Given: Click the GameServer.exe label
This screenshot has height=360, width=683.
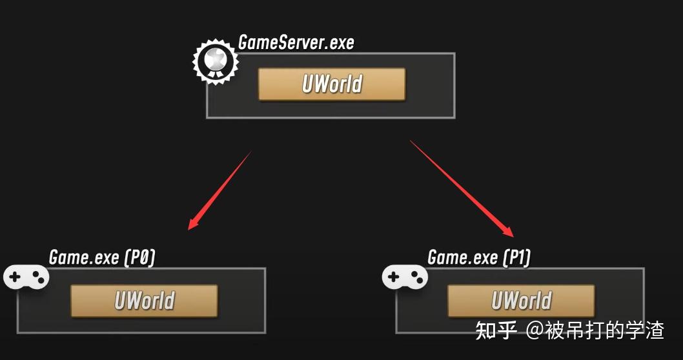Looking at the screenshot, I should [x=296, y=43].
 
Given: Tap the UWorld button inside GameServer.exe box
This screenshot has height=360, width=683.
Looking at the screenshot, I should [x=332, y=85].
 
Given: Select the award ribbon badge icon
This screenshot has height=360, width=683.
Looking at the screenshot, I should [x=215, y=61].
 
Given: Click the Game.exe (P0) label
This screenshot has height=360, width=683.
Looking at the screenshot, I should [x=102, y=257].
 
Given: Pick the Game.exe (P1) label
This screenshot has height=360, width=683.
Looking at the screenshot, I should [x=479, y=258].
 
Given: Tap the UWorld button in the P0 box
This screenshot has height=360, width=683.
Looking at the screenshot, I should [x=144, y=301].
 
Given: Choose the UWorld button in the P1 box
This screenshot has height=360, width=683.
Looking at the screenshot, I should [x=521, y=301].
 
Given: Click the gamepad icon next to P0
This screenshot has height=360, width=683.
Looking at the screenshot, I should [x=26, y=278].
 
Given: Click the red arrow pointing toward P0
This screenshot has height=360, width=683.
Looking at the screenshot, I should [x=219, y=190].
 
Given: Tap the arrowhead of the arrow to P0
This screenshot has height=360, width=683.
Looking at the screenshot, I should [x=192, y=225].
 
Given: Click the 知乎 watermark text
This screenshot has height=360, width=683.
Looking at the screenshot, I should [x=496, y=330].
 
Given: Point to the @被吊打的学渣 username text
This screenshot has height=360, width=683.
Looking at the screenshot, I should [x=595, y=330].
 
